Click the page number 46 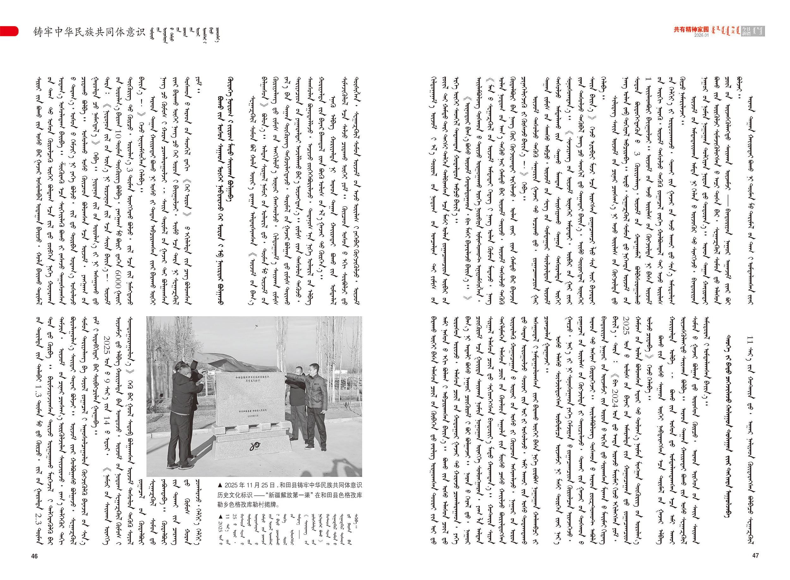34,556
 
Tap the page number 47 755,555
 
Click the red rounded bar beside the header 9,31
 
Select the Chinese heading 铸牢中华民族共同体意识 89,32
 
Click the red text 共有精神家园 691,30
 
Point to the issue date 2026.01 701,35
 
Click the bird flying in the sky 258,327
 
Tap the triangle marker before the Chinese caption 220,485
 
